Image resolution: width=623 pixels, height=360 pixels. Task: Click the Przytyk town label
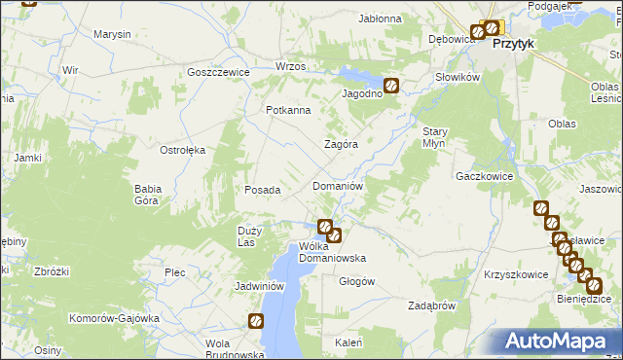coord(516,44)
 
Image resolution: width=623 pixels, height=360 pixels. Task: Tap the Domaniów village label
coord(337,185)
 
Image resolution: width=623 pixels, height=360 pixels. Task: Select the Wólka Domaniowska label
coord(332,252)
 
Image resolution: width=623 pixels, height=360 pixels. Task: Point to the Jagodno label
coord(360,93)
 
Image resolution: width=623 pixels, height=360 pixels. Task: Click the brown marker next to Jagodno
coord(391,86)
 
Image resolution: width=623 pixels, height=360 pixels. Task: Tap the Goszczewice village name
coord(219,73)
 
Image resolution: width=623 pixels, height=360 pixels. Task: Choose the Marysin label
coord(112,34)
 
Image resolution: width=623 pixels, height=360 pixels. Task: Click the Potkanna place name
coord(289,110)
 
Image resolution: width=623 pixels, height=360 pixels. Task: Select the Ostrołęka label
coord(182,150)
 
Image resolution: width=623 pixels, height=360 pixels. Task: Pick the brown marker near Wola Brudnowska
coord(256,320)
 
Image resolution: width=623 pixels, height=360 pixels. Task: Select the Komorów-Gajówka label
coord(113,318)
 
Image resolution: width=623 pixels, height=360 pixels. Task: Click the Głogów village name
coord(356,281)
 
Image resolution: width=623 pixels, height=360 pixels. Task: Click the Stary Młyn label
coord(433,136)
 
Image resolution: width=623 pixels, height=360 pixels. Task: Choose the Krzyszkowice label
coord(515,274)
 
